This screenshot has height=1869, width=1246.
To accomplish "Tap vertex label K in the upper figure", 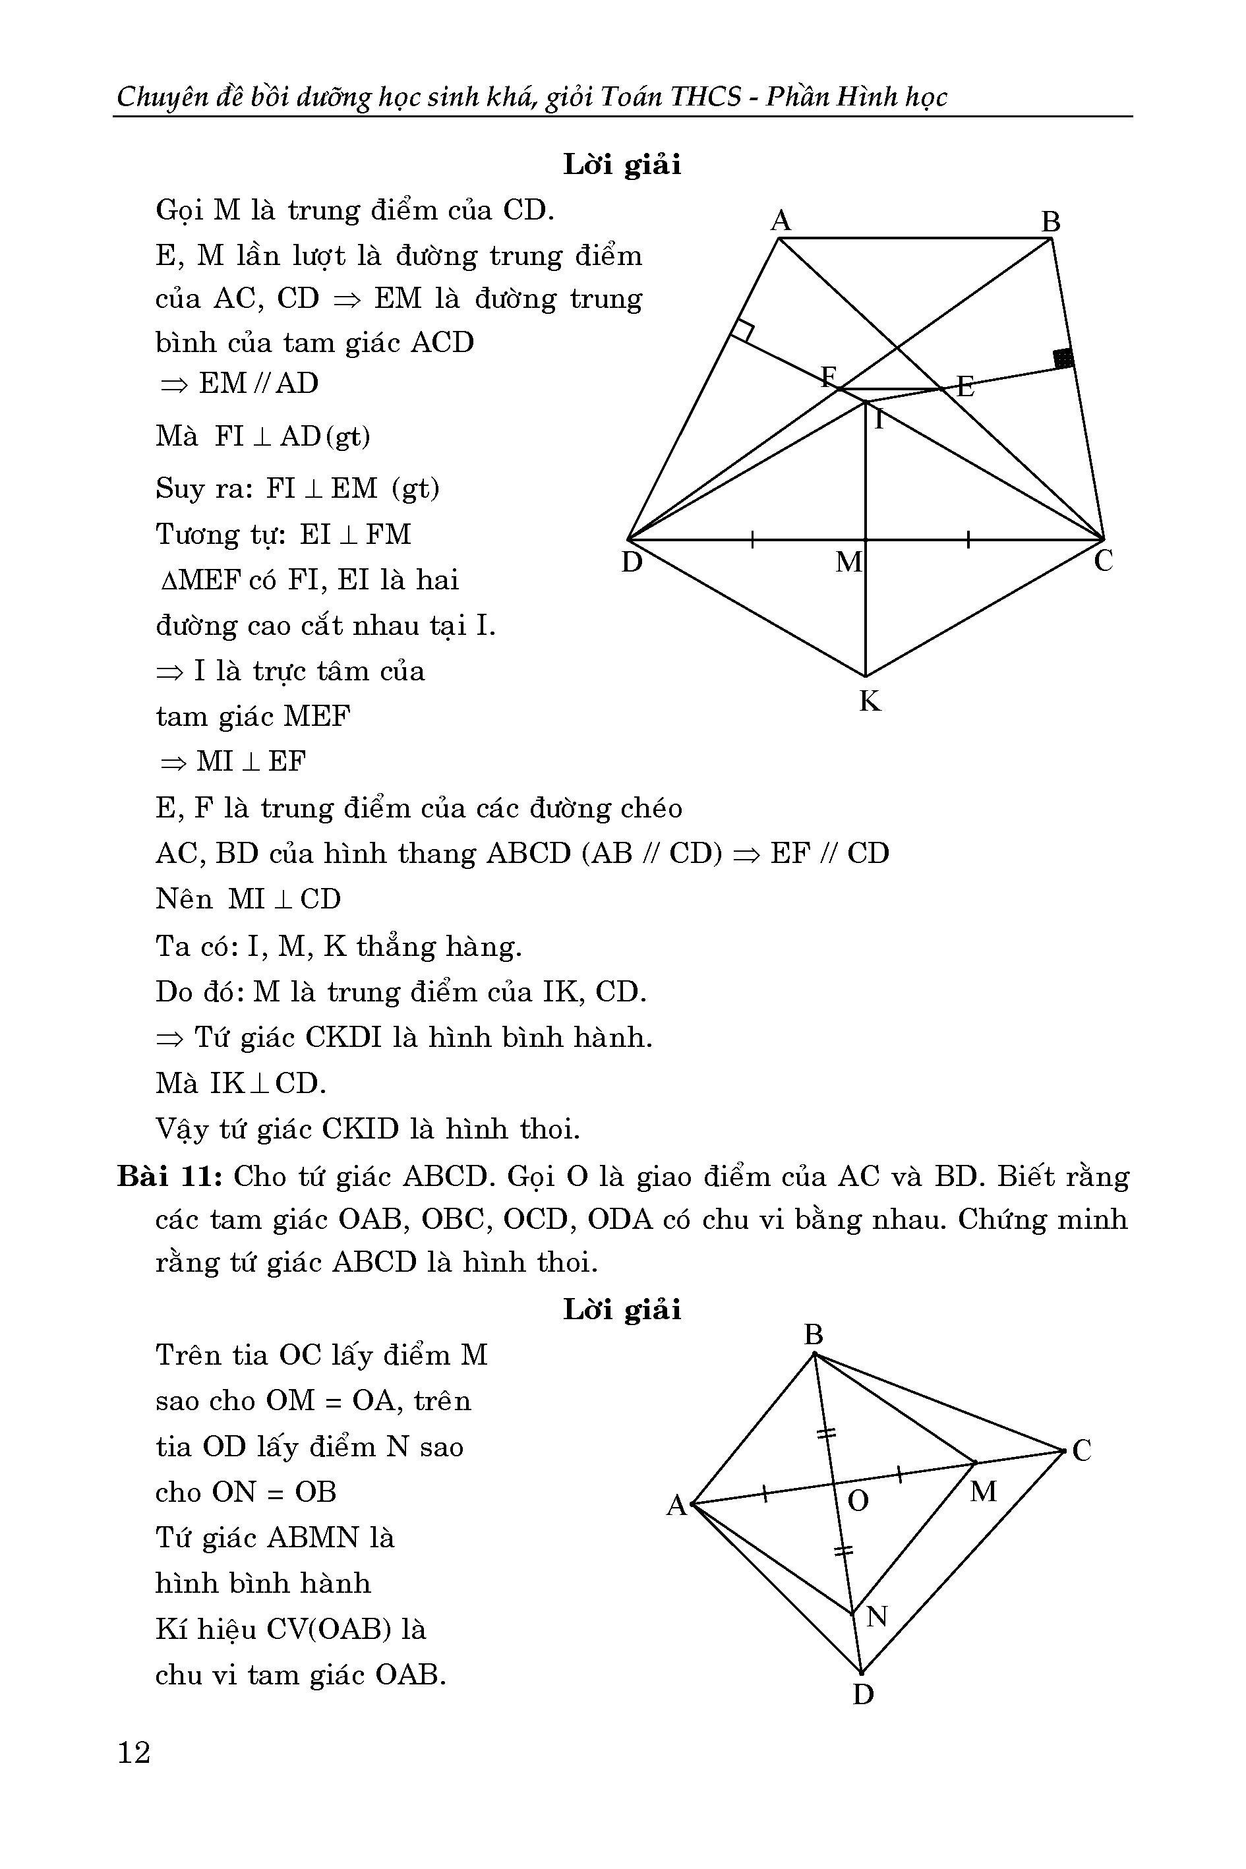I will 870,701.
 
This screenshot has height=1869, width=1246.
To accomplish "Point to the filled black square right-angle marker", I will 1063,359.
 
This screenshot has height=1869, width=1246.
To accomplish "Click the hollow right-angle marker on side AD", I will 742,330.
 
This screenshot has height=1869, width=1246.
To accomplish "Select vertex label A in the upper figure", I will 781,221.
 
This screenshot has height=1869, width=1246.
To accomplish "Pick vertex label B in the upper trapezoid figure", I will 1050,222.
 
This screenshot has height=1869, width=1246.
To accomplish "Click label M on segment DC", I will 848,562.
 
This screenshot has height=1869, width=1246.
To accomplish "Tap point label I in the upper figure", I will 879,419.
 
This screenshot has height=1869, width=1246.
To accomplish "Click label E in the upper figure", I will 964,388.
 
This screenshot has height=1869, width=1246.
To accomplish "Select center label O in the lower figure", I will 858,1501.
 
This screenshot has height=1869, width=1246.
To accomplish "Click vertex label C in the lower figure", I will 1081,1451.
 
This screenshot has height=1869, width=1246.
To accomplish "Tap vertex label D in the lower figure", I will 863,1694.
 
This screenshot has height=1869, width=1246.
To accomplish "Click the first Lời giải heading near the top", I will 622,165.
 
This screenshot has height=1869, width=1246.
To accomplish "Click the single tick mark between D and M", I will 752,541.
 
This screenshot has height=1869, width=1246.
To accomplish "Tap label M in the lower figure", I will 983,1491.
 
